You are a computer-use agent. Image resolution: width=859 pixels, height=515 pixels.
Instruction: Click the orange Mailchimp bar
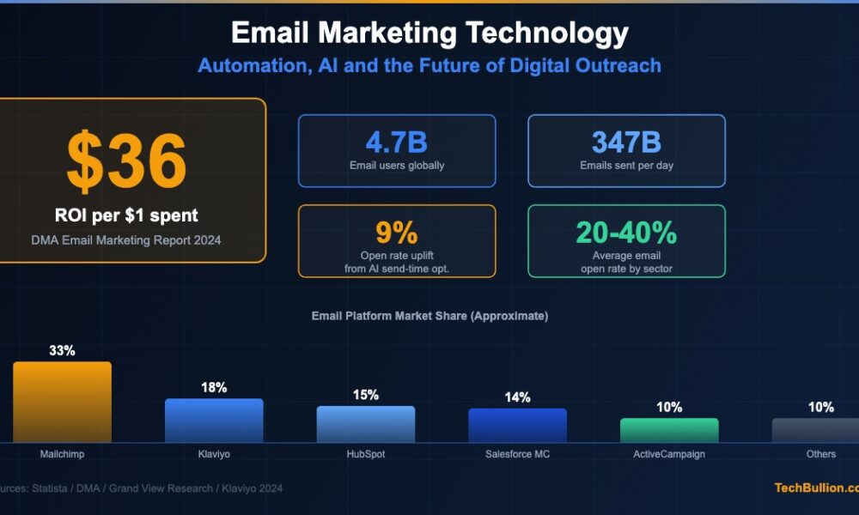[62, 402]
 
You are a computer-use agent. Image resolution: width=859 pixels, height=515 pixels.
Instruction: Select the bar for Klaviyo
[214, 421]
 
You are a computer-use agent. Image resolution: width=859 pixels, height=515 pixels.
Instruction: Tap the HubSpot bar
[365, 424]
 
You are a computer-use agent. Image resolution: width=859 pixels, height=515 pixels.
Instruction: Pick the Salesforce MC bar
[517, 425]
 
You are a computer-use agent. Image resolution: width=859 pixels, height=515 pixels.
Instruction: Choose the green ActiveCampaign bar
[669, 430]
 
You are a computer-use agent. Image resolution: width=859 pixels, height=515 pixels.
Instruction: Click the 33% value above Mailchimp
[62, 351]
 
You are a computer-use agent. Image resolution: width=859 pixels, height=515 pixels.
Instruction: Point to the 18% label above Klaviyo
[214, 388]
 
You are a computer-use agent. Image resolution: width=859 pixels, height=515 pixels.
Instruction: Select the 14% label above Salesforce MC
[517, 397]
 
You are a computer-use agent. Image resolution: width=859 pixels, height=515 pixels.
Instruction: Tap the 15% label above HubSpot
[365, 395]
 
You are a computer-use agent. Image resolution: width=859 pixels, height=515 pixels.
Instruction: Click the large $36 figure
[126, 162]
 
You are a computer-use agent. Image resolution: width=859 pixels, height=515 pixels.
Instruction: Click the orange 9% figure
[396, 233]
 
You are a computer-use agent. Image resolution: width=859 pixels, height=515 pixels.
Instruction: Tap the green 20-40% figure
[626, 233]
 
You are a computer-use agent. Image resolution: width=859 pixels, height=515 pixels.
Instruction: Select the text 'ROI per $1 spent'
[127, 215]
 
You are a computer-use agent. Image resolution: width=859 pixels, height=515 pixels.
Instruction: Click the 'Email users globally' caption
[397, 166]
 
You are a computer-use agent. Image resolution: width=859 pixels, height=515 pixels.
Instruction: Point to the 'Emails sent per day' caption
[626, 166]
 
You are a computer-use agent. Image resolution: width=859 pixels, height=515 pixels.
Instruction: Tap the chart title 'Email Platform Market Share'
[429, 316]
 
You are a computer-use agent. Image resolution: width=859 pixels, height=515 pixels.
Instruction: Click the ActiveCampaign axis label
[669, 454]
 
